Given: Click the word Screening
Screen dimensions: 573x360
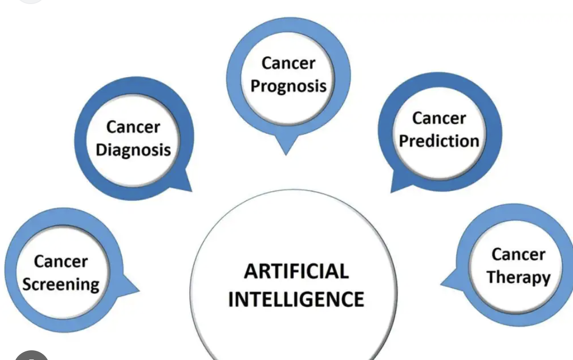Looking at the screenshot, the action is click(61, 285).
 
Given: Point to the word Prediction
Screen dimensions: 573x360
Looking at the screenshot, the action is click(439, 141).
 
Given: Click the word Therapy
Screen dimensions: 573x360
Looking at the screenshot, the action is click(518, 277).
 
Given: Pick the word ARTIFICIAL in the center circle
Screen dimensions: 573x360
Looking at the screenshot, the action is click(296, 271).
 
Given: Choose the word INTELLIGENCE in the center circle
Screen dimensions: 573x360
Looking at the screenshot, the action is click(296, 299).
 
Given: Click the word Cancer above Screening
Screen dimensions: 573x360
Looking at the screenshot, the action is click(61, 262).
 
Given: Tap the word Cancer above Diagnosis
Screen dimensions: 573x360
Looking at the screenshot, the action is click(134, 127).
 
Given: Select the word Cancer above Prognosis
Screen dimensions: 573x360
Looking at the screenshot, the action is click(289, 63).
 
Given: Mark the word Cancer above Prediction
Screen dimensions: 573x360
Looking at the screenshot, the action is click(439, 118).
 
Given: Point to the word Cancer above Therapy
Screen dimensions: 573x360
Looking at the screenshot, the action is click(518, 254).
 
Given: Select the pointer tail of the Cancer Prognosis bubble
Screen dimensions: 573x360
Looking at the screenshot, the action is click(286, 144).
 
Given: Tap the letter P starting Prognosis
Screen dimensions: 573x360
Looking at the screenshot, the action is click(256, 86).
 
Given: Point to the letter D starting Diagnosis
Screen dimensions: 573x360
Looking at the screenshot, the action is click(102, 149).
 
